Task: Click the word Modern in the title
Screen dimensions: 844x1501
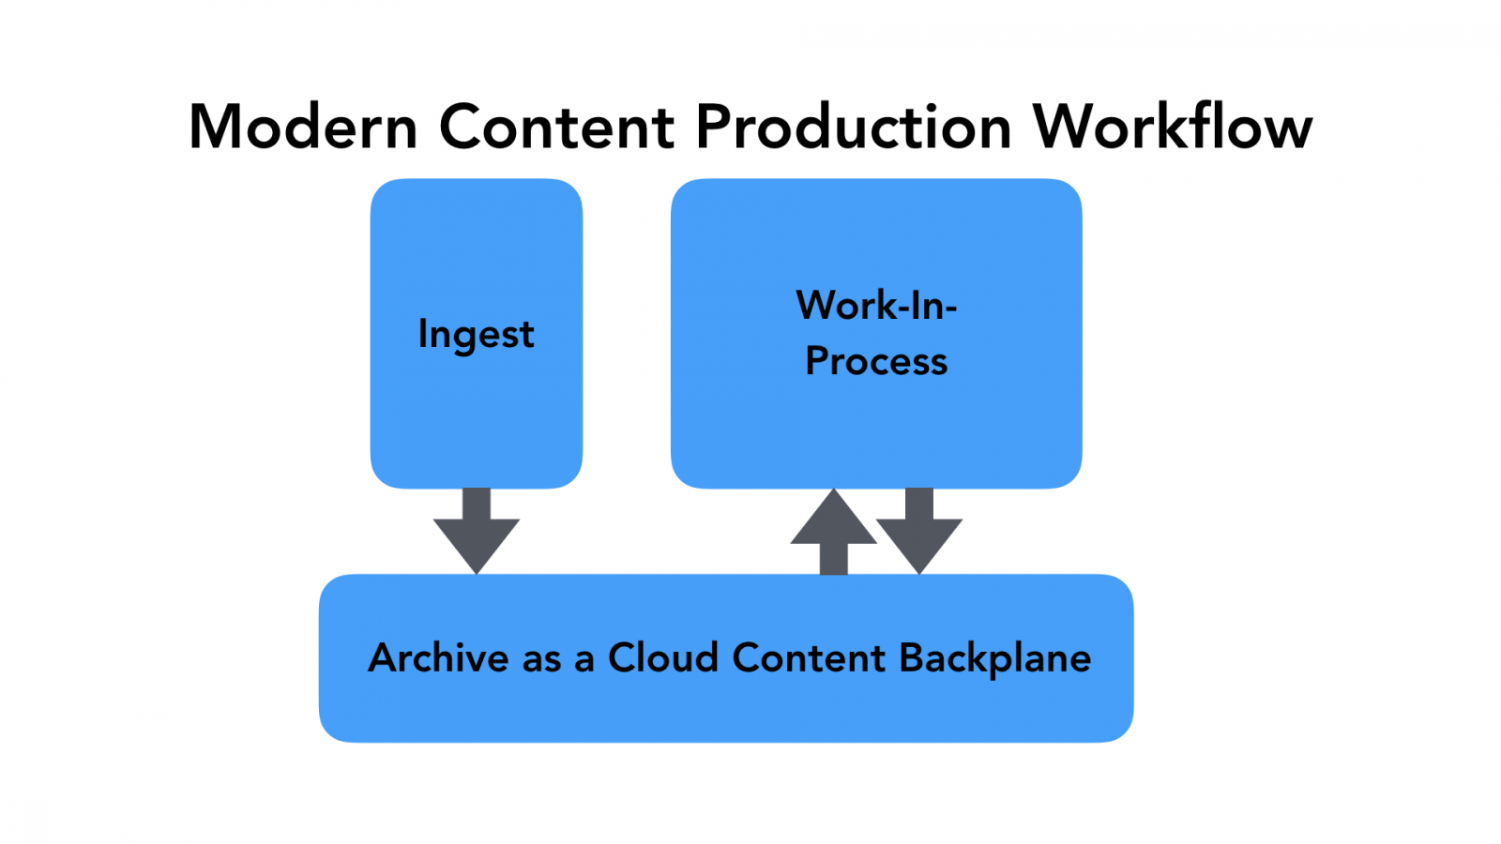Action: [302, 127]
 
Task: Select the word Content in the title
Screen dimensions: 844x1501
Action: [556, 127]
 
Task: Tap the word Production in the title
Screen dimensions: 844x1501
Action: [853, 127]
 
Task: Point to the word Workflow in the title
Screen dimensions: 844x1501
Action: [1172, 127]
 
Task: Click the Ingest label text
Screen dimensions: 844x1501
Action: [476, 335]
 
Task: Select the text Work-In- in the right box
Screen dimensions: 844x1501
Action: [876, 306]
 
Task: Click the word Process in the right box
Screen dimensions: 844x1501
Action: [876, 362]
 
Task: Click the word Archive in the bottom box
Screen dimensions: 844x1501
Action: [438, 658]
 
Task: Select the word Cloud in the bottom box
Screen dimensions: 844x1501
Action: [663, 658]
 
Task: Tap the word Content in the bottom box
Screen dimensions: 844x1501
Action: [809, 658]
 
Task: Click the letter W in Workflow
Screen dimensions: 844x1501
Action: [1063, 127]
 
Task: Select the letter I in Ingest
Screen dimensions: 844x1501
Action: [422, 333]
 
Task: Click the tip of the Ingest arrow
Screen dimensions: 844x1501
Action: [477, 569]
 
